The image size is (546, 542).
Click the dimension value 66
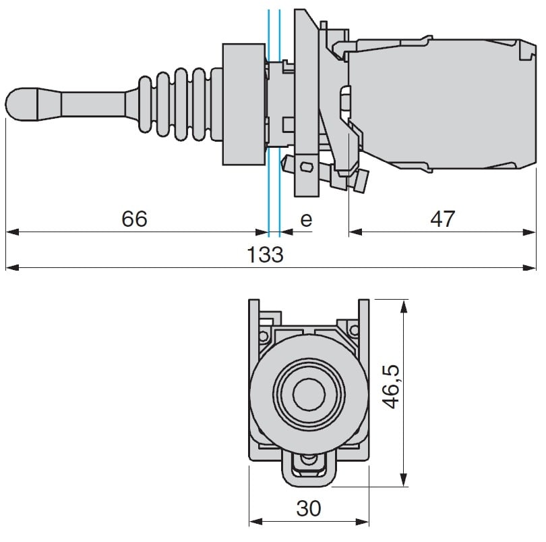(133, 219)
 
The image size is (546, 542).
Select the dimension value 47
(442, 219)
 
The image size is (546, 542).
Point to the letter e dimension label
(306, 220)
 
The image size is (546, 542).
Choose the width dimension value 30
(309, 508)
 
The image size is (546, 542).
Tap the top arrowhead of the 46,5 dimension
(404, 305)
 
